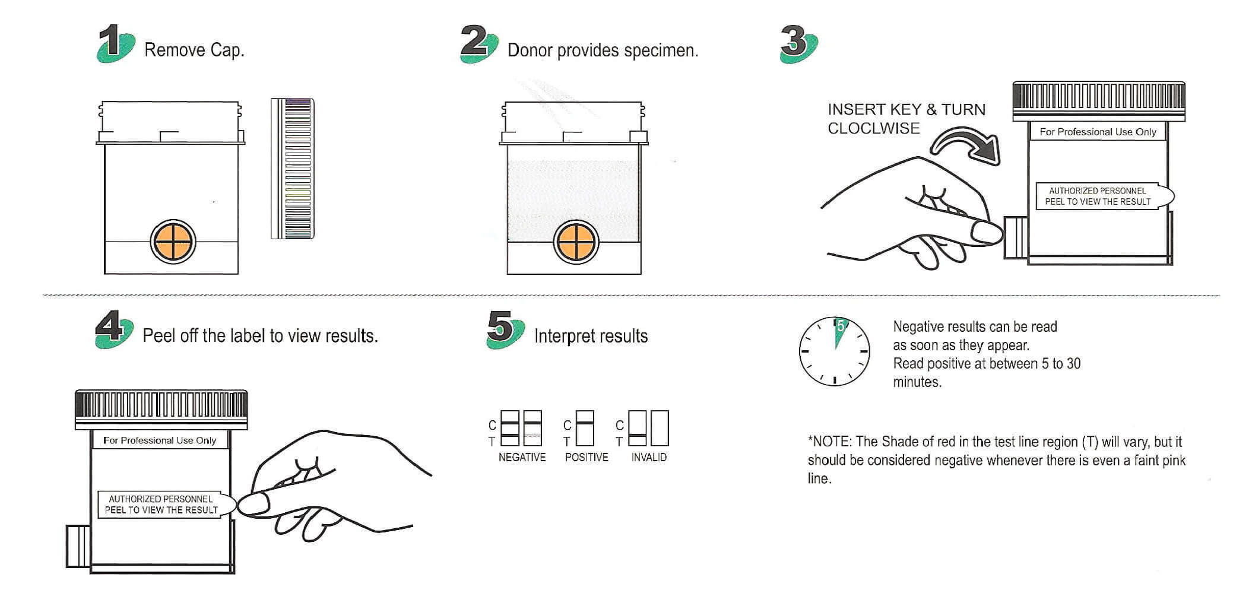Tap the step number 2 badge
[x=479, y=43]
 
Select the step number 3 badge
[x=799, y=44]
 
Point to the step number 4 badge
[x=115, y=330]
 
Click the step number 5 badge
[x=505, y=330]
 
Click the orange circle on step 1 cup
[x=172, y=242]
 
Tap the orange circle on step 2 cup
[x=575, y=242]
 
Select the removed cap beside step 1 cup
[x=292, y=169]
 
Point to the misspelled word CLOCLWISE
[x=873, y=128]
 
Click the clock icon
[x=834, y=351]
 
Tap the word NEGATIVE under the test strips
[x=522, y=457]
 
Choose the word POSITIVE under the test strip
[x=587, y=457]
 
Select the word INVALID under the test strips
[x=649, y=457]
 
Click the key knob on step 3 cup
[x=1016, y=237]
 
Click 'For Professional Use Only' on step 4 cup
[x=160, y=440]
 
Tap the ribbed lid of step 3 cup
[x=1098, y=102]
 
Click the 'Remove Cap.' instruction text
[x=194, y=50]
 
